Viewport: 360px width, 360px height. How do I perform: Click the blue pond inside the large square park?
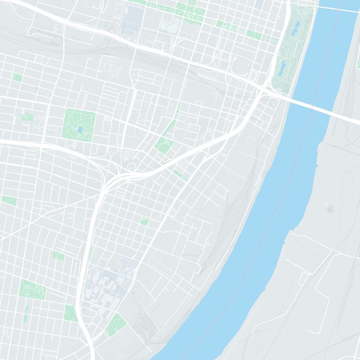pos(80,130)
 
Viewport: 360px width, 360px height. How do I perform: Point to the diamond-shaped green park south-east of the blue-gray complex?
pos(116,324)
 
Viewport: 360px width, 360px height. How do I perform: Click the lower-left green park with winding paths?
pos(33,290)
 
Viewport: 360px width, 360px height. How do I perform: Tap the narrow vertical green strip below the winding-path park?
pos(26,314)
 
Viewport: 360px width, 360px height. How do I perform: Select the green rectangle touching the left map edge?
pos(9,200)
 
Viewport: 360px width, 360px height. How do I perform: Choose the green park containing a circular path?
pos(164,145)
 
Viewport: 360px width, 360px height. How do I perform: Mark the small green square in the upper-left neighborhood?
pos(17,77)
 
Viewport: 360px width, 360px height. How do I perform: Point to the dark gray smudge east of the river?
pos(331,208)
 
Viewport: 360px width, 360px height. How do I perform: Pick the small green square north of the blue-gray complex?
pos(144,220)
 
